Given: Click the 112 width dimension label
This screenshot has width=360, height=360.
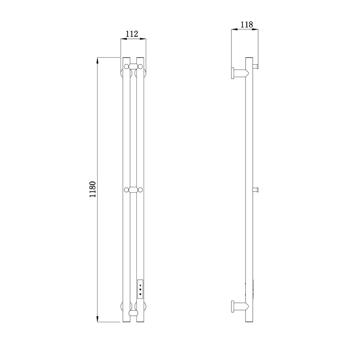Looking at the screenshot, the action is [x=132, y=34].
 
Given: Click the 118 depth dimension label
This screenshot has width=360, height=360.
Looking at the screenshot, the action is [x=247, y=24].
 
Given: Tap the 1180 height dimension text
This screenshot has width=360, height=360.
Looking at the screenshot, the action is [x=93, y=189].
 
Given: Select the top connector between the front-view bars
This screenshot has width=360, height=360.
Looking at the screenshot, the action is [x=134, y=67].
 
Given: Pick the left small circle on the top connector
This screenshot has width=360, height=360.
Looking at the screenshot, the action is [x=126, y=67].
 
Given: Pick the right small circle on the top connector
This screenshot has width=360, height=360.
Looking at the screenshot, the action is [x=140, y=67].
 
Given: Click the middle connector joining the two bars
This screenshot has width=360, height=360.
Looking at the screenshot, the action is [x=134, y=190].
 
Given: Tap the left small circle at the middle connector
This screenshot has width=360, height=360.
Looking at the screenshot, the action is [x=126, y=190].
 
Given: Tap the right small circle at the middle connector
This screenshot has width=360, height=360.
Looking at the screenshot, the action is [x=140, y=190].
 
